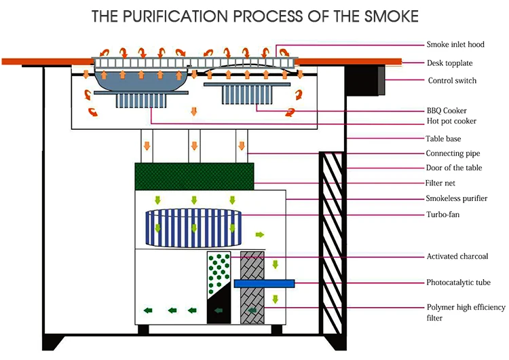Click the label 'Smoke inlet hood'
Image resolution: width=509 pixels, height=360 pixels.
tap(456, 45)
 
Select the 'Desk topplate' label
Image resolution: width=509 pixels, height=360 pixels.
tap(449, 63)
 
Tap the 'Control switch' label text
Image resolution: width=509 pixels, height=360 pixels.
tap(452, 81)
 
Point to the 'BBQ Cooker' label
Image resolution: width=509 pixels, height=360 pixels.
tap(447, 110)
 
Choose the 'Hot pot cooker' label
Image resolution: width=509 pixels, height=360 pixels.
tap(451, 122)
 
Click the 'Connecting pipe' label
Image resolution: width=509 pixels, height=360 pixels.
tap(452, 154)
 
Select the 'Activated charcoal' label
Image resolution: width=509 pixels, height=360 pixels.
tap(457, 257)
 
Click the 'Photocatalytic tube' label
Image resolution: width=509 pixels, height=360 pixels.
tap(458, 283)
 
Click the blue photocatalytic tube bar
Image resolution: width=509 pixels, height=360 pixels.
tap(264, 283)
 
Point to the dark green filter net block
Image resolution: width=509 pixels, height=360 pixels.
tap(194, 175)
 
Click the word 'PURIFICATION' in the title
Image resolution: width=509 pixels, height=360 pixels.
tap(186, 16)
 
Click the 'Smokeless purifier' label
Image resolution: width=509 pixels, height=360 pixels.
tap(455, 199)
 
